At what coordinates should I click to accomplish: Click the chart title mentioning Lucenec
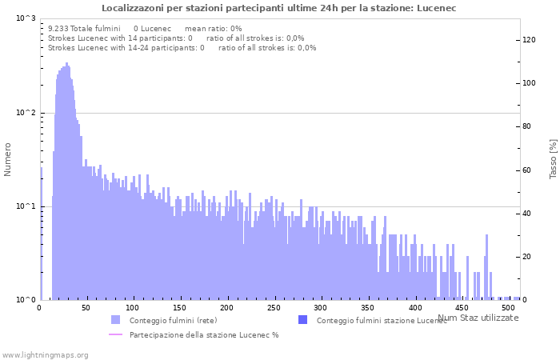click(279, 8)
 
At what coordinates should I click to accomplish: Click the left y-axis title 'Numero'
click(8, 159)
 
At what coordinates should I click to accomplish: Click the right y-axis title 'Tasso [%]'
click(553, 158)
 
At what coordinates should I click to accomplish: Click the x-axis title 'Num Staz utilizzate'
click(478, 318)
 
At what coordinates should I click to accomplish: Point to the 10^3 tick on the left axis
click(26, 18)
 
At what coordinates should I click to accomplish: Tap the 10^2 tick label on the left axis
click(26, 113)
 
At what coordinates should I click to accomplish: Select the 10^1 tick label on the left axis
click(26, 206)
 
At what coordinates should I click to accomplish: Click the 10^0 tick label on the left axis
click(26, 300)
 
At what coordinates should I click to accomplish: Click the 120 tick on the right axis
click(530, 40)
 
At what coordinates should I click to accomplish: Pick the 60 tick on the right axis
click(527, 170)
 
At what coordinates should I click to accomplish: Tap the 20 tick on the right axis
click(527, 257)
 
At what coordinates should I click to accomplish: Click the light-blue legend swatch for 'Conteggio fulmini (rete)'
click(115, 320)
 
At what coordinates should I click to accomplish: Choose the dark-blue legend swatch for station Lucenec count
click(302, 320)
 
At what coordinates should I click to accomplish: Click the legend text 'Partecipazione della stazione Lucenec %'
click(204, 334)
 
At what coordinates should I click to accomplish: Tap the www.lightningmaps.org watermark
click(45, 354)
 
